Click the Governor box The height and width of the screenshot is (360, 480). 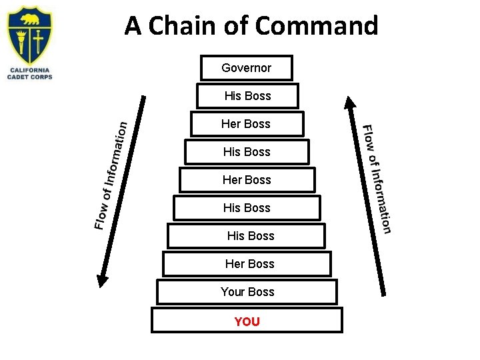click(x=247, y=67)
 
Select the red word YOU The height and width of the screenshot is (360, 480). click(x=247, y=321)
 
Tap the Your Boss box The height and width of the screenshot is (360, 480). click(x=247, y=292)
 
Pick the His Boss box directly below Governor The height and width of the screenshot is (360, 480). click(x=247, y=96)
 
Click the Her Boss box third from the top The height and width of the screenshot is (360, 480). click(x=247, y=124)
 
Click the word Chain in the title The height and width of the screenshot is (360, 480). click(x=180, y=27)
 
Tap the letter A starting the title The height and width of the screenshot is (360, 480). click(x=133, y=27)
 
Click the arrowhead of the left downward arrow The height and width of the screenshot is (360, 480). click(x=102, y=281)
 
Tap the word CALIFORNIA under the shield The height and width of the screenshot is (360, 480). click(x=30, y=70)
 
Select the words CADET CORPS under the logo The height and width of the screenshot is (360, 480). click(x=30, y=77)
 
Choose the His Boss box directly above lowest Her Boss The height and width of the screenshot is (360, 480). click(x=250, y=236)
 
